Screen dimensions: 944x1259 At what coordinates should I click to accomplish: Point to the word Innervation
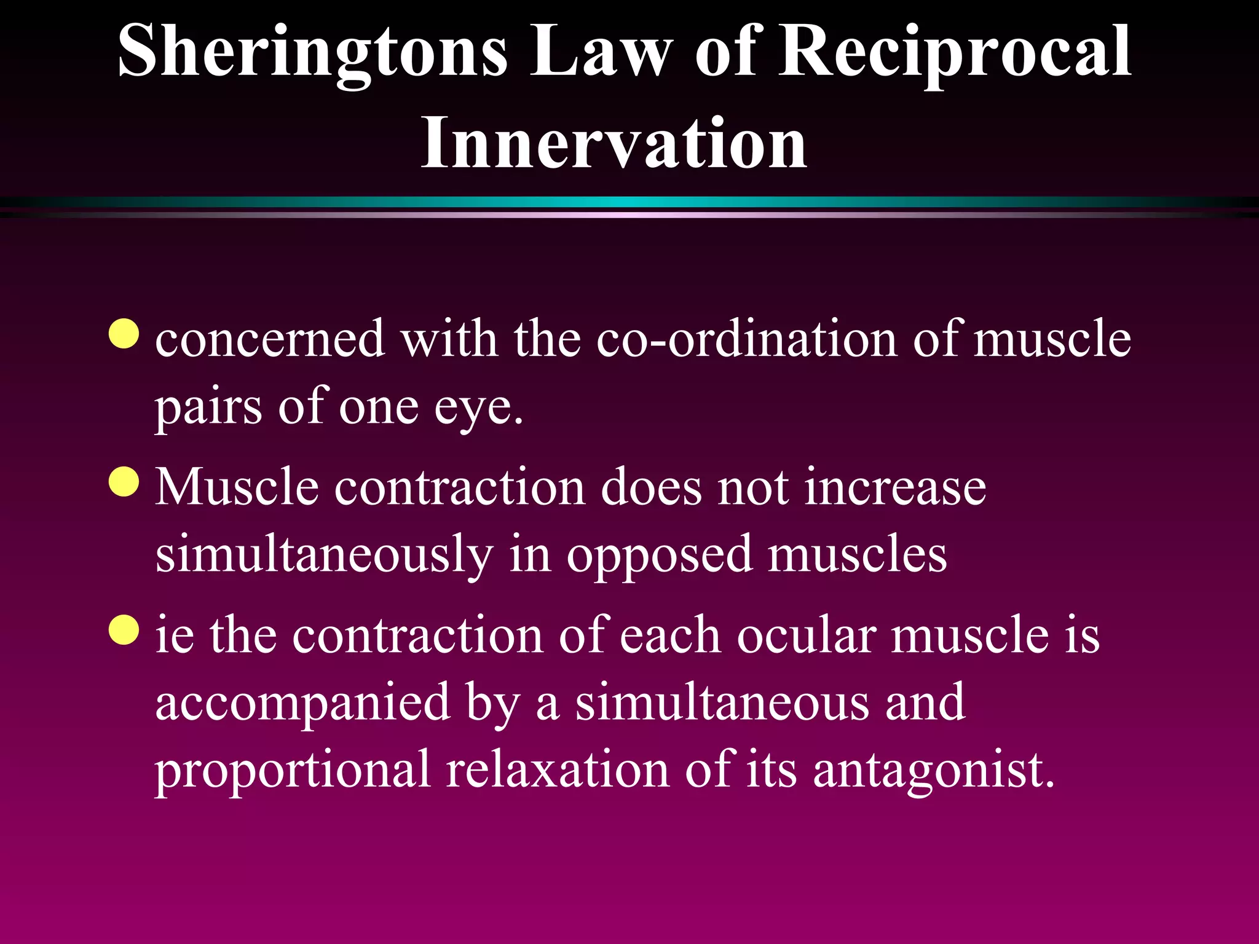click(614, 143)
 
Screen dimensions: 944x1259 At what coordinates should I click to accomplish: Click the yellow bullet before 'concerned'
click(124, 334)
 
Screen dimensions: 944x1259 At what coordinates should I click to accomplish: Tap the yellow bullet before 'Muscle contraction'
click(124, 482)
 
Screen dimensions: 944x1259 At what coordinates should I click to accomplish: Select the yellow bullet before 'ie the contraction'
click(124, 630)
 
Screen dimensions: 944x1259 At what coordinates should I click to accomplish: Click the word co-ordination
click(746, 339)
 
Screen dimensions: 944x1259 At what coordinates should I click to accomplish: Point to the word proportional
click(292, 770)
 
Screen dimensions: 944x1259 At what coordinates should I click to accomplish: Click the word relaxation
click(557, 770)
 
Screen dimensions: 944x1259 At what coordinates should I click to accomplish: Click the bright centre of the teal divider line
click(629, 202)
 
